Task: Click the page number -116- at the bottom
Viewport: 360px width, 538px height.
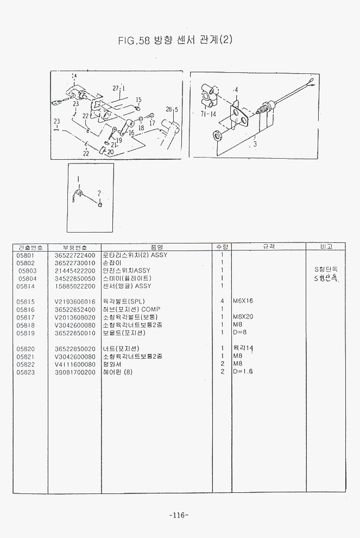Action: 179,515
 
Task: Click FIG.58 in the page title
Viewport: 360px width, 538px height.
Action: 134,40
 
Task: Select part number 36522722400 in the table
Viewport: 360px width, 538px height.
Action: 75,255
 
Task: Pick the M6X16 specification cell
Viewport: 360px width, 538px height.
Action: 243,301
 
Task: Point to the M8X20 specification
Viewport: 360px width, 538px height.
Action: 243,317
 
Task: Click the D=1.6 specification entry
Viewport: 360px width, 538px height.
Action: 243,372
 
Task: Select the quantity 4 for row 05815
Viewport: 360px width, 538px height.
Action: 222,301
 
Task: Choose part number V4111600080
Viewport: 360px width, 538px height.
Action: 75,364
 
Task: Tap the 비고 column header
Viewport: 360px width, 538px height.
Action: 326,247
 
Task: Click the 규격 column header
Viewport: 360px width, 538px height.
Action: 269,247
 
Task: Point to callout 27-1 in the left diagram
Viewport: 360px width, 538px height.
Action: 119,88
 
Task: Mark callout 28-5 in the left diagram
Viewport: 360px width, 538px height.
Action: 172,110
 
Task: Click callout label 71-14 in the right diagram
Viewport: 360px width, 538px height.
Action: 208,114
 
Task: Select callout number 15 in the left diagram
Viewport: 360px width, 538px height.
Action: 138,99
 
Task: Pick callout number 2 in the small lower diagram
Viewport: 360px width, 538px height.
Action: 99,193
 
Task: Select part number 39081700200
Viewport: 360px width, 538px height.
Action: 75,372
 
